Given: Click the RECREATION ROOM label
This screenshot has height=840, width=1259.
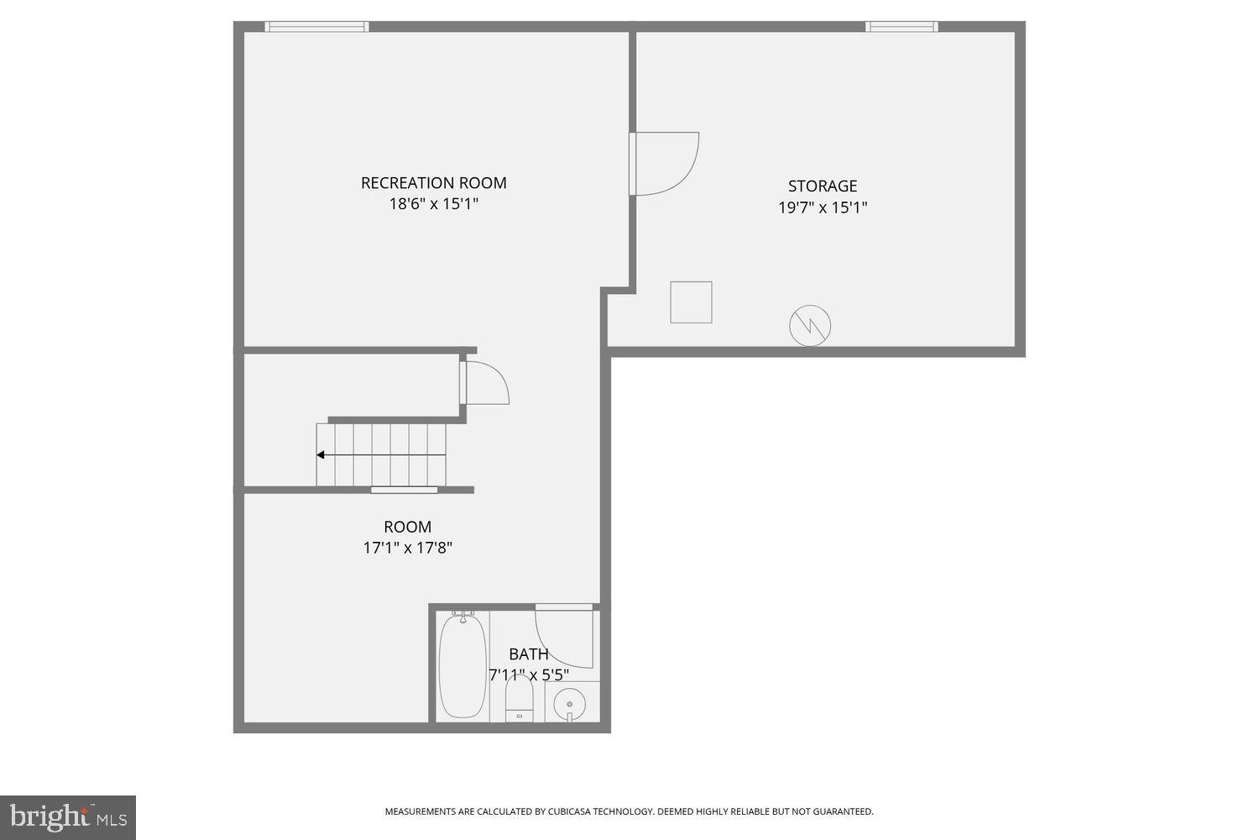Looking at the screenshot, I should (x=433, y=182).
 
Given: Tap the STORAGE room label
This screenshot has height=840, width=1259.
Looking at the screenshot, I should (x=822, y=186).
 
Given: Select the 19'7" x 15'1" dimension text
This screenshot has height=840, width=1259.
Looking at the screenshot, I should (x=822, y=207).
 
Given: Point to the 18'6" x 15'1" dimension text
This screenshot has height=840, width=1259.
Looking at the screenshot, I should (x=433, y=204).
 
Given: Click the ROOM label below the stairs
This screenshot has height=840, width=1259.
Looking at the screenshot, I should (x=407, y=527).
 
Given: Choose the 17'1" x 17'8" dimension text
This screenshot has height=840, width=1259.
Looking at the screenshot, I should (x=407, y=548).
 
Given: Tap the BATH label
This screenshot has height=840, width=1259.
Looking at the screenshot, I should (x=529, y=654).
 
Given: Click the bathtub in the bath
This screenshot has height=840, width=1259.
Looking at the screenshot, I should (x=462, y=666).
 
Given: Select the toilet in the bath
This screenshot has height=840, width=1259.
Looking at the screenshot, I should (x=520, y=699).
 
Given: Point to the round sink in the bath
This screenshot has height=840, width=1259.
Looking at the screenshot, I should (x=571, y=701).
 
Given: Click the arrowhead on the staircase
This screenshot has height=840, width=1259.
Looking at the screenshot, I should (x=320, y=455).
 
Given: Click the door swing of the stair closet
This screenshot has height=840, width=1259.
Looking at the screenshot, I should (x=486, y=383).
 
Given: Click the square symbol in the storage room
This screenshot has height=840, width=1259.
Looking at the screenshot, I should (x=691, y=302).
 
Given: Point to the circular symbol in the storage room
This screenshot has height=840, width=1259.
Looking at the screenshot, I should (x=810, y=325).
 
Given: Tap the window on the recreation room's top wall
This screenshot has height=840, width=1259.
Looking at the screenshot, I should (x=316, y=27).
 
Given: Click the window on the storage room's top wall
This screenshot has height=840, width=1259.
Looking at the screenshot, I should (x=901, y=27).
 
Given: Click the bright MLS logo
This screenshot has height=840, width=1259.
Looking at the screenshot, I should (x=67, y=816).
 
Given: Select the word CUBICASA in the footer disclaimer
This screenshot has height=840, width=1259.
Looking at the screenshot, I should (x=575, y=811).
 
